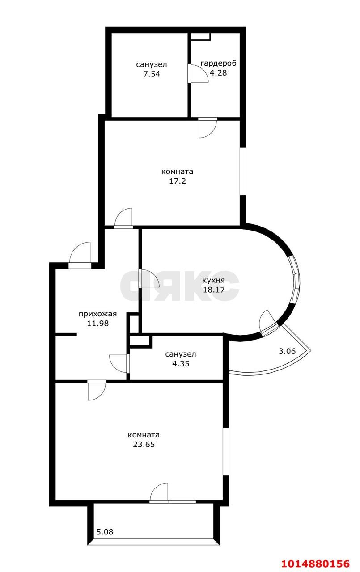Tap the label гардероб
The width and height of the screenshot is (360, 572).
point(218,63)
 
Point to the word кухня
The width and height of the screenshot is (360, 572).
point(213,281)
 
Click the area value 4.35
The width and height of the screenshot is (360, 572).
point(180,364)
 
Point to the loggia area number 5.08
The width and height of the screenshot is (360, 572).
point(105,532)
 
